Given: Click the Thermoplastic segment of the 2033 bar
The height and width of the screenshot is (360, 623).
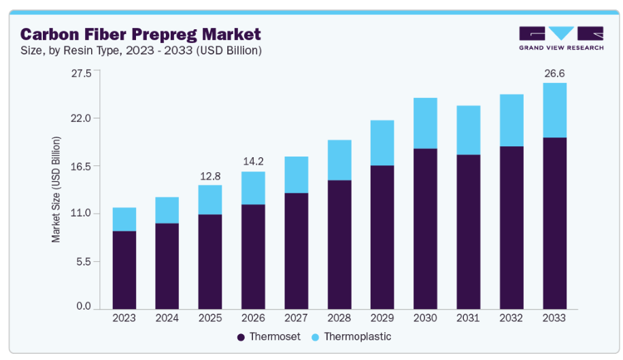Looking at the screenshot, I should tap(554, 110).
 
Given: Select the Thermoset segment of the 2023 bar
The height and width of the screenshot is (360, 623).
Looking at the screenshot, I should tap(124, 269).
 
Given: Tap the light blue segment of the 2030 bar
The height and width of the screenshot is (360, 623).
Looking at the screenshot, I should tap(425, 123).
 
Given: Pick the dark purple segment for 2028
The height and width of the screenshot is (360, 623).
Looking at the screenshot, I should tap(339, 244).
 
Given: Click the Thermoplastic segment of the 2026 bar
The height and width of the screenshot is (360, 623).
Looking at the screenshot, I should tap(253, 188).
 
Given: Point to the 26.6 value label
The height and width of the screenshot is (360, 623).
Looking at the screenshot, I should tap(554, 73).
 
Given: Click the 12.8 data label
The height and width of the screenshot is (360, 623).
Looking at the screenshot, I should tap(210, 176).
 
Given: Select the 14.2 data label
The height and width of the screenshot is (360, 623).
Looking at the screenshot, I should tap(253, 162).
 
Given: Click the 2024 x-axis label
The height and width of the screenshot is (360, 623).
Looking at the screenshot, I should tap(167, 318).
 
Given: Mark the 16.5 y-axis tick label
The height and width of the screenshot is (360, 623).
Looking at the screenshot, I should tap(80, 166).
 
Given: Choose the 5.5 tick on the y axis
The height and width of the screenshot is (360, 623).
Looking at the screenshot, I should tap(83, 261).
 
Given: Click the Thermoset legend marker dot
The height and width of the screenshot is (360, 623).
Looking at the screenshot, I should tap(241, 337).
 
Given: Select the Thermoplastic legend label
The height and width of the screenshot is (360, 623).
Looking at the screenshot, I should tap(357, 337).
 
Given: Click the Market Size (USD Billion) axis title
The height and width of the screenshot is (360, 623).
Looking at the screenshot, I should tap(56, 190).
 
